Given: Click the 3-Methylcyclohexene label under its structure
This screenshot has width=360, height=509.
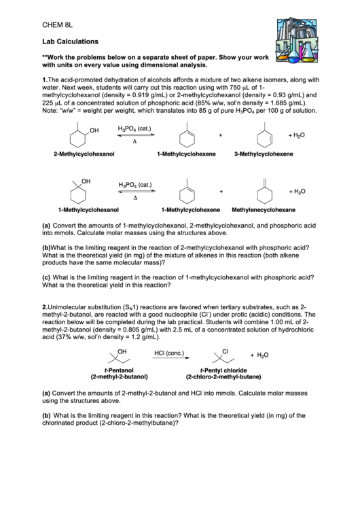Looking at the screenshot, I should tap(264, 154).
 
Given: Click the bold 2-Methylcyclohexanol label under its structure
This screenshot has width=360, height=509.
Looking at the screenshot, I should tap(84, 154).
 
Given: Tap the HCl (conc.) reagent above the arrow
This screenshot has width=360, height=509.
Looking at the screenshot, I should tap(169, 353).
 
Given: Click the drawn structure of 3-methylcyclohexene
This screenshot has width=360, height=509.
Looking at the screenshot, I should tap(263, 136).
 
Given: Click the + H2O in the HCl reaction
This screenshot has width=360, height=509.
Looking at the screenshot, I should tap(259, 355).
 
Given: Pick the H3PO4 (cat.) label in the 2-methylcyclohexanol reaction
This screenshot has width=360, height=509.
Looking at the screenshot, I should tap(134, 128).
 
